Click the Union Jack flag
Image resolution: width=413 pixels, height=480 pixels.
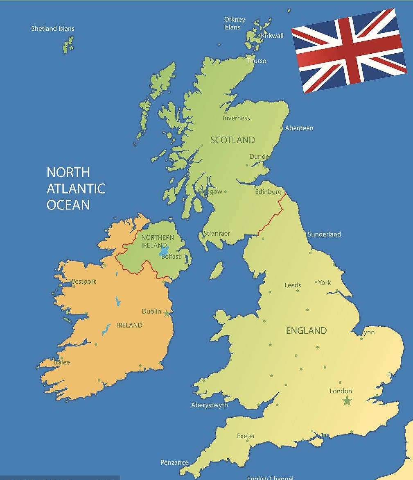pos(348,50)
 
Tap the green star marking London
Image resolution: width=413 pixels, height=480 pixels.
pos(347,400)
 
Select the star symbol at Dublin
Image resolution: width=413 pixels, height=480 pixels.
pos(167,314)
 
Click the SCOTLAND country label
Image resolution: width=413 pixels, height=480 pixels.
pos(232,140)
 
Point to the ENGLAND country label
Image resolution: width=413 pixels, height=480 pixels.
pos(306,331)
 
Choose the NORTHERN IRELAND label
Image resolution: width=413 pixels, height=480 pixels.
pos(157,241)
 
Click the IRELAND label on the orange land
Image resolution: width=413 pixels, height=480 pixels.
pos(129,325)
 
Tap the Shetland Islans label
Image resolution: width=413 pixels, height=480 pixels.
pos(53,29)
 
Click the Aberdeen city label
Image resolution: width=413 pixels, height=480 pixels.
pos(299,128)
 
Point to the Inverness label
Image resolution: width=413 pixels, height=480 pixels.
pos(236,118)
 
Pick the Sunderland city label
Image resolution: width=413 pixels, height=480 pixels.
pos(324,234)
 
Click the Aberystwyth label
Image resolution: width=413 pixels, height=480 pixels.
pos(209,405)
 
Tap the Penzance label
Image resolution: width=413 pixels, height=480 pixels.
pos(174,462)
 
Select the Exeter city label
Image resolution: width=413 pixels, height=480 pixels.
pos(246,436)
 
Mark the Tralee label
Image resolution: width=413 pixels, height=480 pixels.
pos(61,362)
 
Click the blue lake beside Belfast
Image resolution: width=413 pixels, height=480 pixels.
pos(164,250)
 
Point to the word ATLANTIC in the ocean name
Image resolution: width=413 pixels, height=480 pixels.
pos(76,189)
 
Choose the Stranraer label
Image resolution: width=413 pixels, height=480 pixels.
pos(217,234)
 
